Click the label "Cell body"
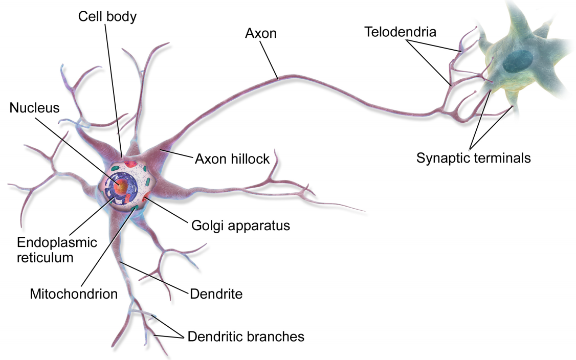tap(107, 16)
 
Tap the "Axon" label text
tap(260, 33)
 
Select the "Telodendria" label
tap(401, 32)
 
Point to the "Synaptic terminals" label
tap(473, 158)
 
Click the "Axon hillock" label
tap(232, 159)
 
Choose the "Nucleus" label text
tap(34, 108)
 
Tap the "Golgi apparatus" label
tap(240, 225)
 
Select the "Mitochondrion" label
tap(74, 294)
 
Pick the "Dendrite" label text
tap(216, 294)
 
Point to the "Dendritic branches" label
tap(246, 336)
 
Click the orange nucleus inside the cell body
tap(122, 187)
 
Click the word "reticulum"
tap(45, 257)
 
